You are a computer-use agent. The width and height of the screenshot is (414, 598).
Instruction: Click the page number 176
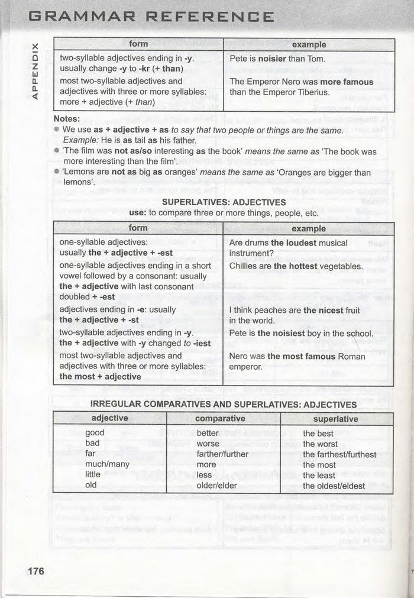pyautogui.click(x=35, y=571)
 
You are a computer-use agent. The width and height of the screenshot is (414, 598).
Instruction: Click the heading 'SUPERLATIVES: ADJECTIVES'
pyautogui.click(x=224, y=202)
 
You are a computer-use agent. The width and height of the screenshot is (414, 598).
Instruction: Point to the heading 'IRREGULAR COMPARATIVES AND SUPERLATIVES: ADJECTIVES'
pyautogui.click(x=224, y=405)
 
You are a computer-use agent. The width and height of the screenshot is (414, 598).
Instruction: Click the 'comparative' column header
pyautogui.click(x=220, y=418)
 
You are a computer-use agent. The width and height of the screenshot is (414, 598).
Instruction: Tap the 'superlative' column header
pyautogui.click(x=335, y=418)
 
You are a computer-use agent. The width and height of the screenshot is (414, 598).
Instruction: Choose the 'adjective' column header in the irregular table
pyautogui.click(x=110, y=418)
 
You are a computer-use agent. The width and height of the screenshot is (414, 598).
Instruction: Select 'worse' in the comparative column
pyautogui.click(x=208, y=444)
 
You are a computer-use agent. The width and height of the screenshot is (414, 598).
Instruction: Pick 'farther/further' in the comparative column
pyautogui.click(x=222, y=454)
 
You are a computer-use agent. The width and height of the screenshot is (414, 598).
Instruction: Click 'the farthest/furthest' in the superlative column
pyautogui.click(x=339, y=454)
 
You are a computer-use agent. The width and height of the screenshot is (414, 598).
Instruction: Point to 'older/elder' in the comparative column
pyautogui.click(x=216, y=486)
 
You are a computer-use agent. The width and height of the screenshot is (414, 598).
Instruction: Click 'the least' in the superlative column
pyautogui.click(x=319, y=476)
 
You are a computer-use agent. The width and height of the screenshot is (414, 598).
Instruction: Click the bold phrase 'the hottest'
pyautogui.click(x=296, y=266)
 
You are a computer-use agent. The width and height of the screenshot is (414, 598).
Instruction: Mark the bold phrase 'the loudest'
pyautogui.click(x=294, y=243)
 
